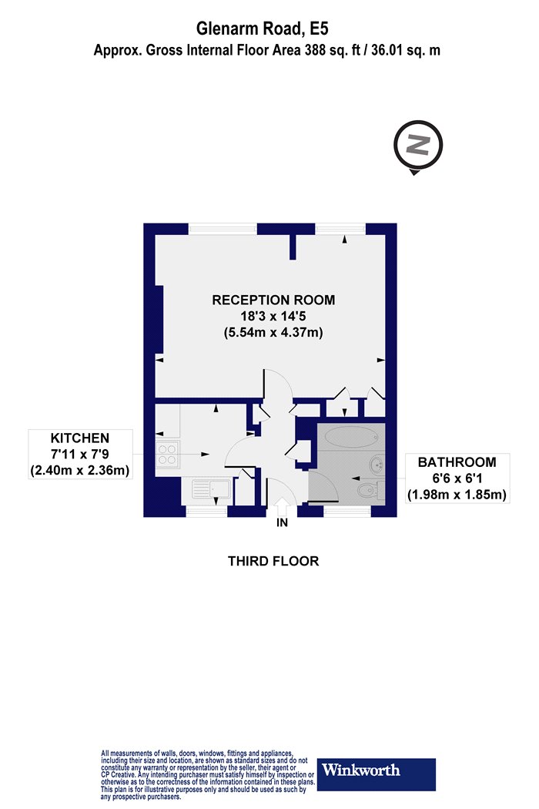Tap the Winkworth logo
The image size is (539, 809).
(376, 774)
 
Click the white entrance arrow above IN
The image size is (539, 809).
(282, 506)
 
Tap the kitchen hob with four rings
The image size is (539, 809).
(167, 454)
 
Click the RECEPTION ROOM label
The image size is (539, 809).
(273, 300)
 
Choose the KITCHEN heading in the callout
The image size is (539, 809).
(80, 438)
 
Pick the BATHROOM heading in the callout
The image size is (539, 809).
(457, 462)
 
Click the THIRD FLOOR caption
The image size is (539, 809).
(273, 561)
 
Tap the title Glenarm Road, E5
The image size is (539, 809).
(262, 29)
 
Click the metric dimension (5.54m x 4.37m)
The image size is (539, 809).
(273, 332)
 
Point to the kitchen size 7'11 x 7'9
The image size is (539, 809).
(80, 454)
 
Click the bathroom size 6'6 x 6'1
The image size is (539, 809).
(457, 478)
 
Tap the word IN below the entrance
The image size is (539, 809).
(282, 522)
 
